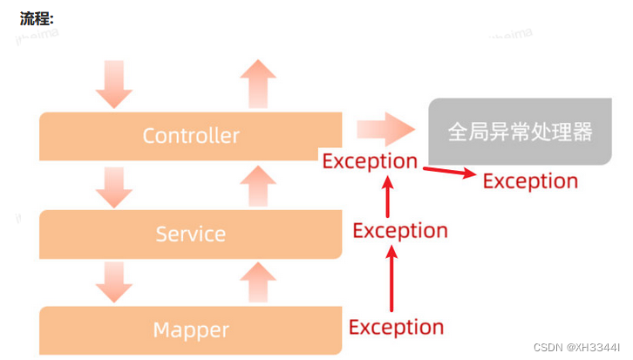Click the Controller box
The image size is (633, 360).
pos(190,135)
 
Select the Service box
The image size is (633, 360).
pos(190,234)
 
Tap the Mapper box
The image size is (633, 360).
pos(190,329)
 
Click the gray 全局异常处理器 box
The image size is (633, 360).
pos(520,132)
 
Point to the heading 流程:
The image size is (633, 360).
pos(37,18)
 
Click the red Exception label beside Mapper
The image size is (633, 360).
pos(396,327)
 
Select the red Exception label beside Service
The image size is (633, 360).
pos(399,230)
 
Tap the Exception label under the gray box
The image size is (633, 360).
pos(530,180)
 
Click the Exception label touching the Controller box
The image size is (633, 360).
pos(370,160)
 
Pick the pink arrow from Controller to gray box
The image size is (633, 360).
pos(386,130)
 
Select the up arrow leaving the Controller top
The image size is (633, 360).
pos(256,84)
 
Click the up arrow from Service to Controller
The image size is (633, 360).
pos(256,187)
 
